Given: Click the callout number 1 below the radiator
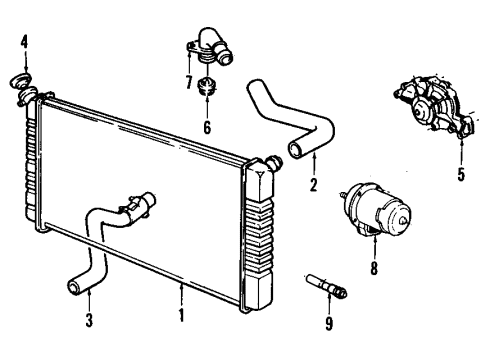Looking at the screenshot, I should pos(180,316).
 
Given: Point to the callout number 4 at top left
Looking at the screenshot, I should pos(24,43).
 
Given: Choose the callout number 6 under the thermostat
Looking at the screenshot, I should pos(206,128).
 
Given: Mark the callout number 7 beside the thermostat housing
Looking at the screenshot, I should pos(187,80).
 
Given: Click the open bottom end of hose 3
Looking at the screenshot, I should pos(73,288).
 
